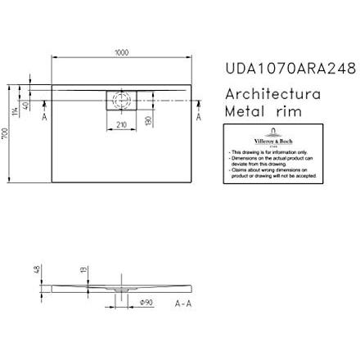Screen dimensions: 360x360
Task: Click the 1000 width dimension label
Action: [x=121, y=53]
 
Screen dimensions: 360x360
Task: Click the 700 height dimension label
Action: [x=5, y=133]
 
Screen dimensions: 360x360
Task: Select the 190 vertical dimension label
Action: [x=148, y=120]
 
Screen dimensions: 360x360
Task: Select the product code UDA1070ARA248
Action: [x=290, y=69]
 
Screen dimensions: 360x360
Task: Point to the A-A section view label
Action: [x=183, y=304]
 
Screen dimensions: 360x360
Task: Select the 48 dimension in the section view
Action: [x=36, y=268]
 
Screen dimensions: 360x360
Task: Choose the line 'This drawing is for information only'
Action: [x=273, y=151]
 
